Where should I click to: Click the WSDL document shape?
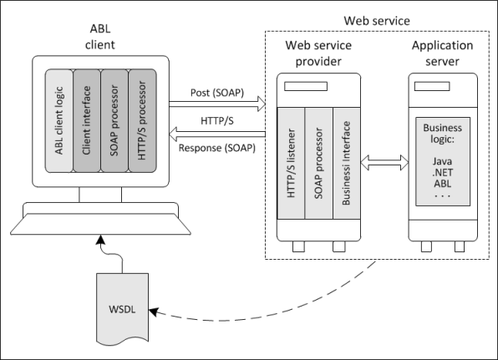tap(122, 309)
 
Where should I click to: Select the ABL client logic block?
tap(59, 120)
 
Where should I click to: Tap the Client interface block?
tap(87, 120)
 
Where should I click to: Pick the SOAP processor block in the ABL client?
tap(114, 120)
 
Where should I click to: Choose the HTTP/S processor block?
tap(142, 120)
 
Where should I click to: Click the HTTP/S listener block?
tap(291, 163)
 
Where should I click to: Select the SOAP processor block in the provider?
tap(319, 163)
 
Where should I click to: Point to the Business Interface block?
tap(347, 163)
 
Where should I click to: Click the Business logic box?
tap(443, 161)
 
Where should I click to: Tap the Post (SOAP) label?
tap(217, 93)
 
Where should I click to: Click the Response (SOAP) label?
tap(217, 148)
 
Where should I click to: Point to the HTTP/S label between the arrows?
tap(217, 120)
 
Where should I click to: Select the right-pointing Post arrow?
tap(217, 104)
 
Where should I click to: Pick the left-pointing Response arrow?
tap(217, 134)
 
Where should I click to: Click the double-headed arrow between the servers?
tap(384, 163)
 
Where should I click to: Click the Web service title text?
tap(377, 21)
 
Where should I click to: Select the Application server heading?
tap(442, 53)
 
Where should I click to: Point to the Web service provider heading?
tap(318, 53)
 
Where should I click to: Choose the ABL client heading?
tap(100, 37)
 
